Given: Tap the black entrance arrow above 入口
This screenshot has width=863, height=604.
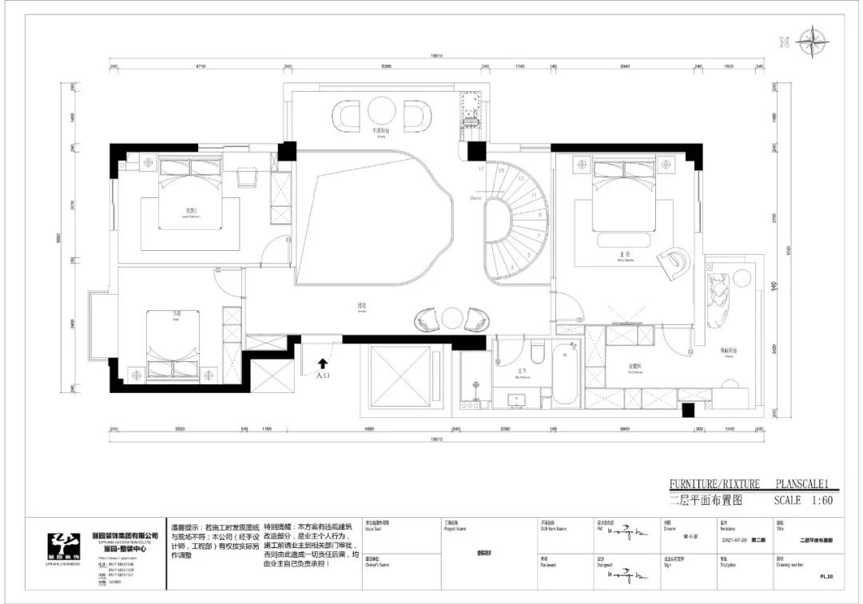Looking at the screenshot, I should (x=323, y=364).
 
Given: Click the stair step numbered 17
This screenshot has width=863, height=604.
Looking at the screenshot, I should (x=481, y=169).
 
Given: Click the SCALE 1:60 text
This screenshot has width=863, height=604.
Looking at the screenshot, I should (x=803, y=501).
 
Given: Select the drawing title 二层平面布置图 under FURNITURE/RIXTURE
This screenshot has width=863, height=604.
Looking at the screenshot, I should (x=706, y=502).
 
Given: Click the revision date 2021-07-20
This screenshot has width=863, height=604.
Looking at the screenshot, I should (x=736, y=540).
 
